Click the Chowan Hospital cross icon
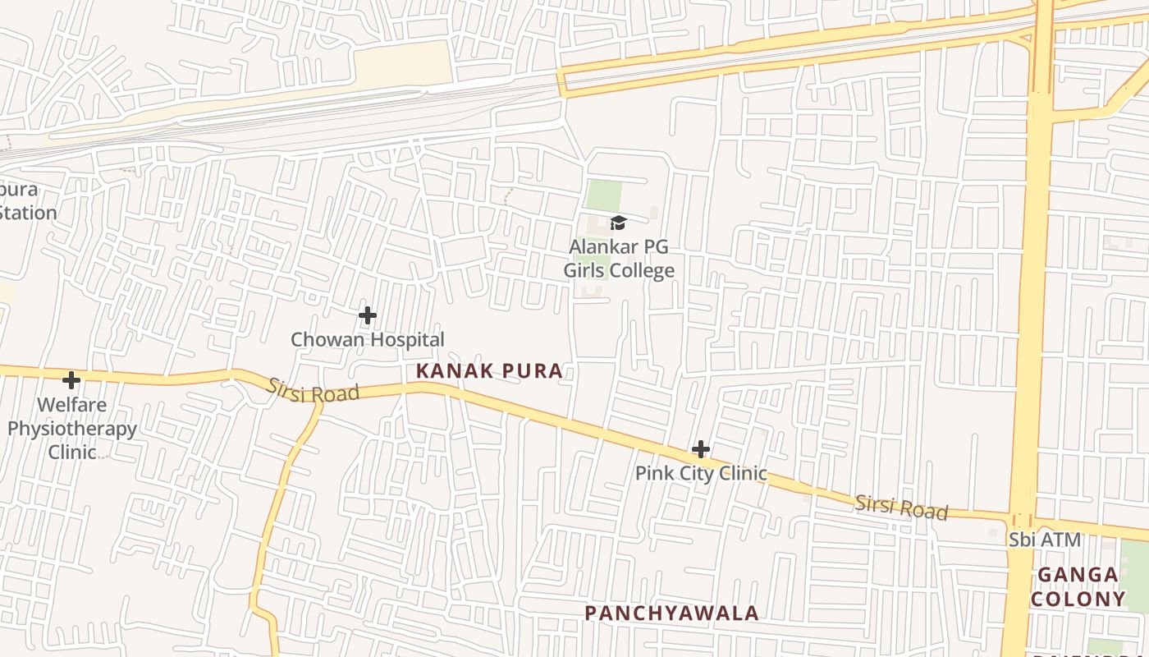[x=368, y=315]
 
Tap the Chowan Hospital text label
[x=368, y=339]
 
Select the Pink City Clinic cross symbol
[x=700, y=449]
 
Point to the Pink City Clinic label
[x=701, y=473]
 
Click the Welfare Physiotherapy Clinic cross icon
[x=71, y=380]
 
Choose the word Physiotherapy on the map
[x=72, y=429]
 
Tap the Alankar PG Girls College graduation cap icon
[x=618, y=223]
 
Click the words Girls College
[x=619, y=270]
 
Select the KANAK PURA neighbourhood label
[x=489, y=371]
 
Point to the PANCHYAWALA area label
[x=671, y=613]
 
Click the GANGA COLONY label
[x=1078, y=586]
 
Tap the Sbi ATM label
[x=1045, y=540]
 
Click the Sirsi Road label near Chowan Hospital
[x=314, y=391]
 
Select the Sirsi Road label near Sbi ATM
[x=901, y=507]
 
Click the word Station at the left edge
[x=28, y=213]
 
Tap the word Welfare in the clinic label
[x=72, y=405]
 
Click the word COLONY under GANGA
[x=1078, y=599]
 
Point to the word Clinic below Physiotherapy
[x=72, y=452]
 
